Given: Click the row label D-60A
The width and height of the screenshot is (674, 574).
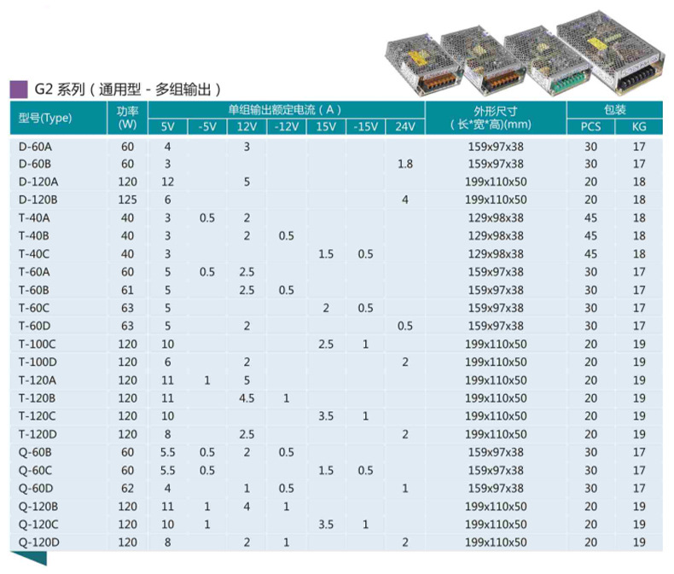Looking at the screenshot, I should [x=36, y=147].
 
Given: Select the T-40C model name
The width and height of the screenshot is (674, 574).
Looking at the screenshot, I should [x=36, y=254].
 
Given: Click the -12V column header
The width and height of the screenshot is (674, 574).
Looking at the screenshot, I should [x=287, y=127].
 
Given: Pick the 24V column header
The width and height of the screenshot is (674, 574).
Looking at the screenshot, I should [x=404, y=127].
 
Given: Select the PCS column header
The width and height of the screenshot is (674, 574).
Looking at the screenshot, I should [x=590, y=127].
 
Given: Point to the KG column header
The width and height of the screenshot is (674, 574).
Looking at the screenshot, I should [x=639, y=127].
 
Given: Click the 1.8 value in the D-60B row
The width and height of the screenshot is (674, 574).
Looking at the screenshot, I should [x=404, y=164].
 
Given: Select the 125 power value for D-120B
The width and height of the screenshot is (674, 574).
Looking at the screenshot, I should [x=127, y=200].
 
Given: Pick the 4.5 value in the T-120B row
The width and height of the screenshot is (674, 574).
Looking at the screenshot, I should [x=247, y=397].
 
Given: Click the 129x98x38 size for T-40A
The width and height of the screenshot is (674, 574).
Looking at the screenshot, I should [x=496, y=217].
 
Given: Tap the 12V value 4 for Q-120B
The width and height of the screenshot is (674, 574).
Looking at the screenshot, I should [x=247, y=506].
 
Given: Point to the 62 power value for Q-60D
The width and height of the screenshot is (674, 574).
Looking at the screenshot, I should [x=127, y=488].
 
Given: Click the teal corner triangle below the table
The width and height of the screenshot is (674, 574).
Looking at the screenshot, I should [x=34, y=558].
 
